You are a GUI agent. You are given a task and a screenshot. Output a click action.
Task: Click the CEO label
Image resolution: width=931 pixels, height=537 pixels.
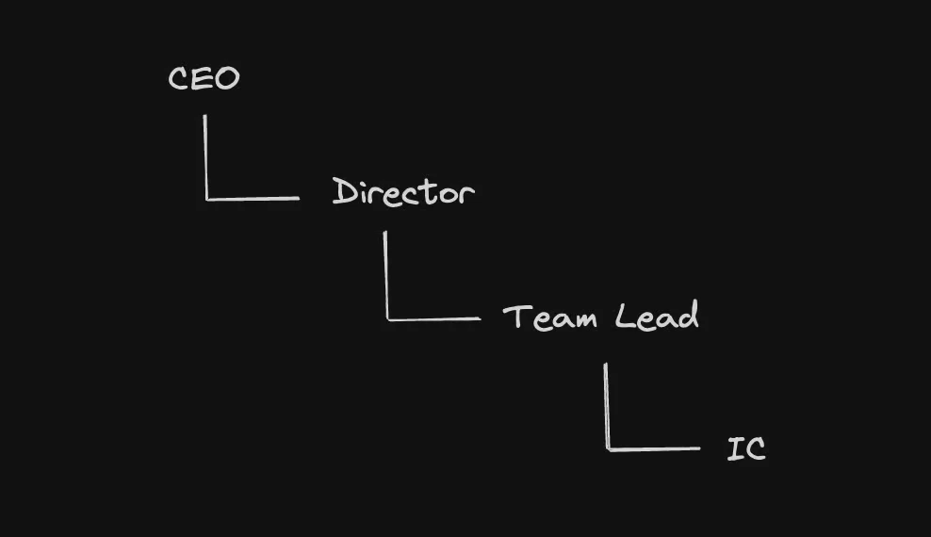point(204,78)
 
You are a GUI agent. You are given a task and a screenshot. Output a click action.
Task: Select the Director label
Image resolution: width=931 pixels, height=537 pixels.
point(403,192)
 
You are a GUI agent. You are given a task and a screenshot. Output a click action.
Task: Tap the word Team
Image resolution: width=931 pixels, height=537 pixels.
point(549,317)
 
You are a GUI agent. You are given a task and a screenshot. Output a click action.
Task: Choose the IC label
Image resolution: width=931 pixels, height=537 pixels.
point(746,448)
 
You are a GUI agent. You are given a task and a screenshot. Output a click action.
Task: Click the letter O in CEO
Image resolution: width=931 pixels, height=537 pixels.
point(227,78)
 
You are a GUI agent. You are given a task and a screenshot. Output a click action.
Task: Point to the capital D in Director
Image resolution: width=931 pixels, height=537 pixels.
point(343,191)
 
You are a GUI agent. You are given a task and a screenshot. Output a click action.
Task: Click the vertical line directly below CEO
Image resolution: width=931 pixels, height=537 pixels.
point(205,155)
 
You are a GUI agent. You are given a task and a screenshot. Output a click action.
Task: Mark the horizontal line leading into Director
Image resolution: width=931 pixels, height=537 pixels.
point(253,199)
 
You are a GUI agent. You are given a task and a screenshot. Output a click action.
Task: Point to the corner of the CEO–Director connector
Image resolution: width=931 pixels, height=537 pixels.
point(206,199)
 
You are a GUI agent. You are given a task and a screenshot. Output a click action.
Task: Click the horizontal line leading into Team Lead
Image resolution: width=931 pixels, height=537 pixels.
point(433,319)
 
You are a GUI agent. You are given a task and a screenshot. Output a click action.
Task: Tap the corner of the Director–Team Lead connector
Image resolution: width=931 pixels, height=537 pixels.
point(387,319)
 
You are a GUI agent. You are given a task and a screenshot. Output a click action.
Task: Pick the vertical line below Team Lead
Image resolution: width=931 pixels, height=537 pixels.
point(606,405)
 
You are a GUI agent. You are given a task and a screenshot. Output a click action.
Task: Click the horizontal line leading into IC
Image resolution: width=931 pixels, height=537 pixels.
point(654,449)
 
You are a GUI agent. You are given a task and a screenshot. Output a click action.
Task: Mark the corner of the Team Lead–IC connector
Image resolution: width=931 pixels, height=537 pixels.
point(608,449)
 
